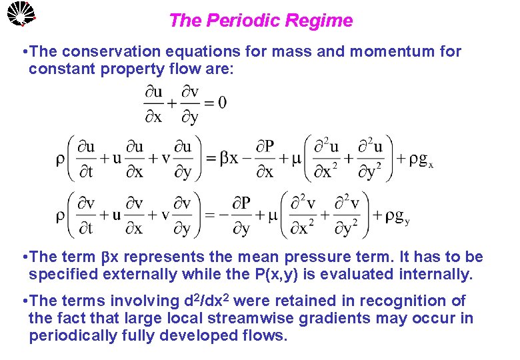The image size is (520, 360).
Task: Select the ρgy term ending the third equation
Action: (395, 215)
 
